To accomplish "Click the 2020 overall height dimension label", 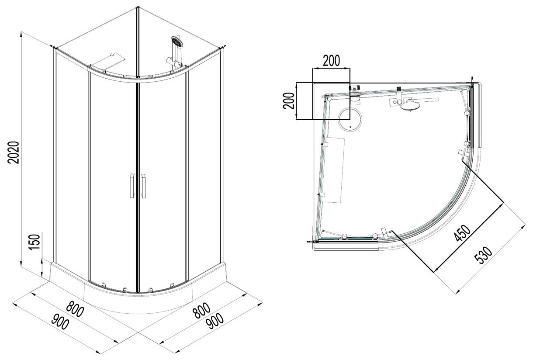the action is (x=14, y=152).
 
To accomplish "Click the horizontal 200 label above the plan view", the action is (x=331, y=61).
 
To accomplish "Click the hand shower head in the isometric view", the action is (x=177, y=43).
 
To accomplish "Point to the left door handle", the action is (x=131, y=187).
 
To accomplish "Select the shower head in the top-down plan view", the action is (x=410, y=105).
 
